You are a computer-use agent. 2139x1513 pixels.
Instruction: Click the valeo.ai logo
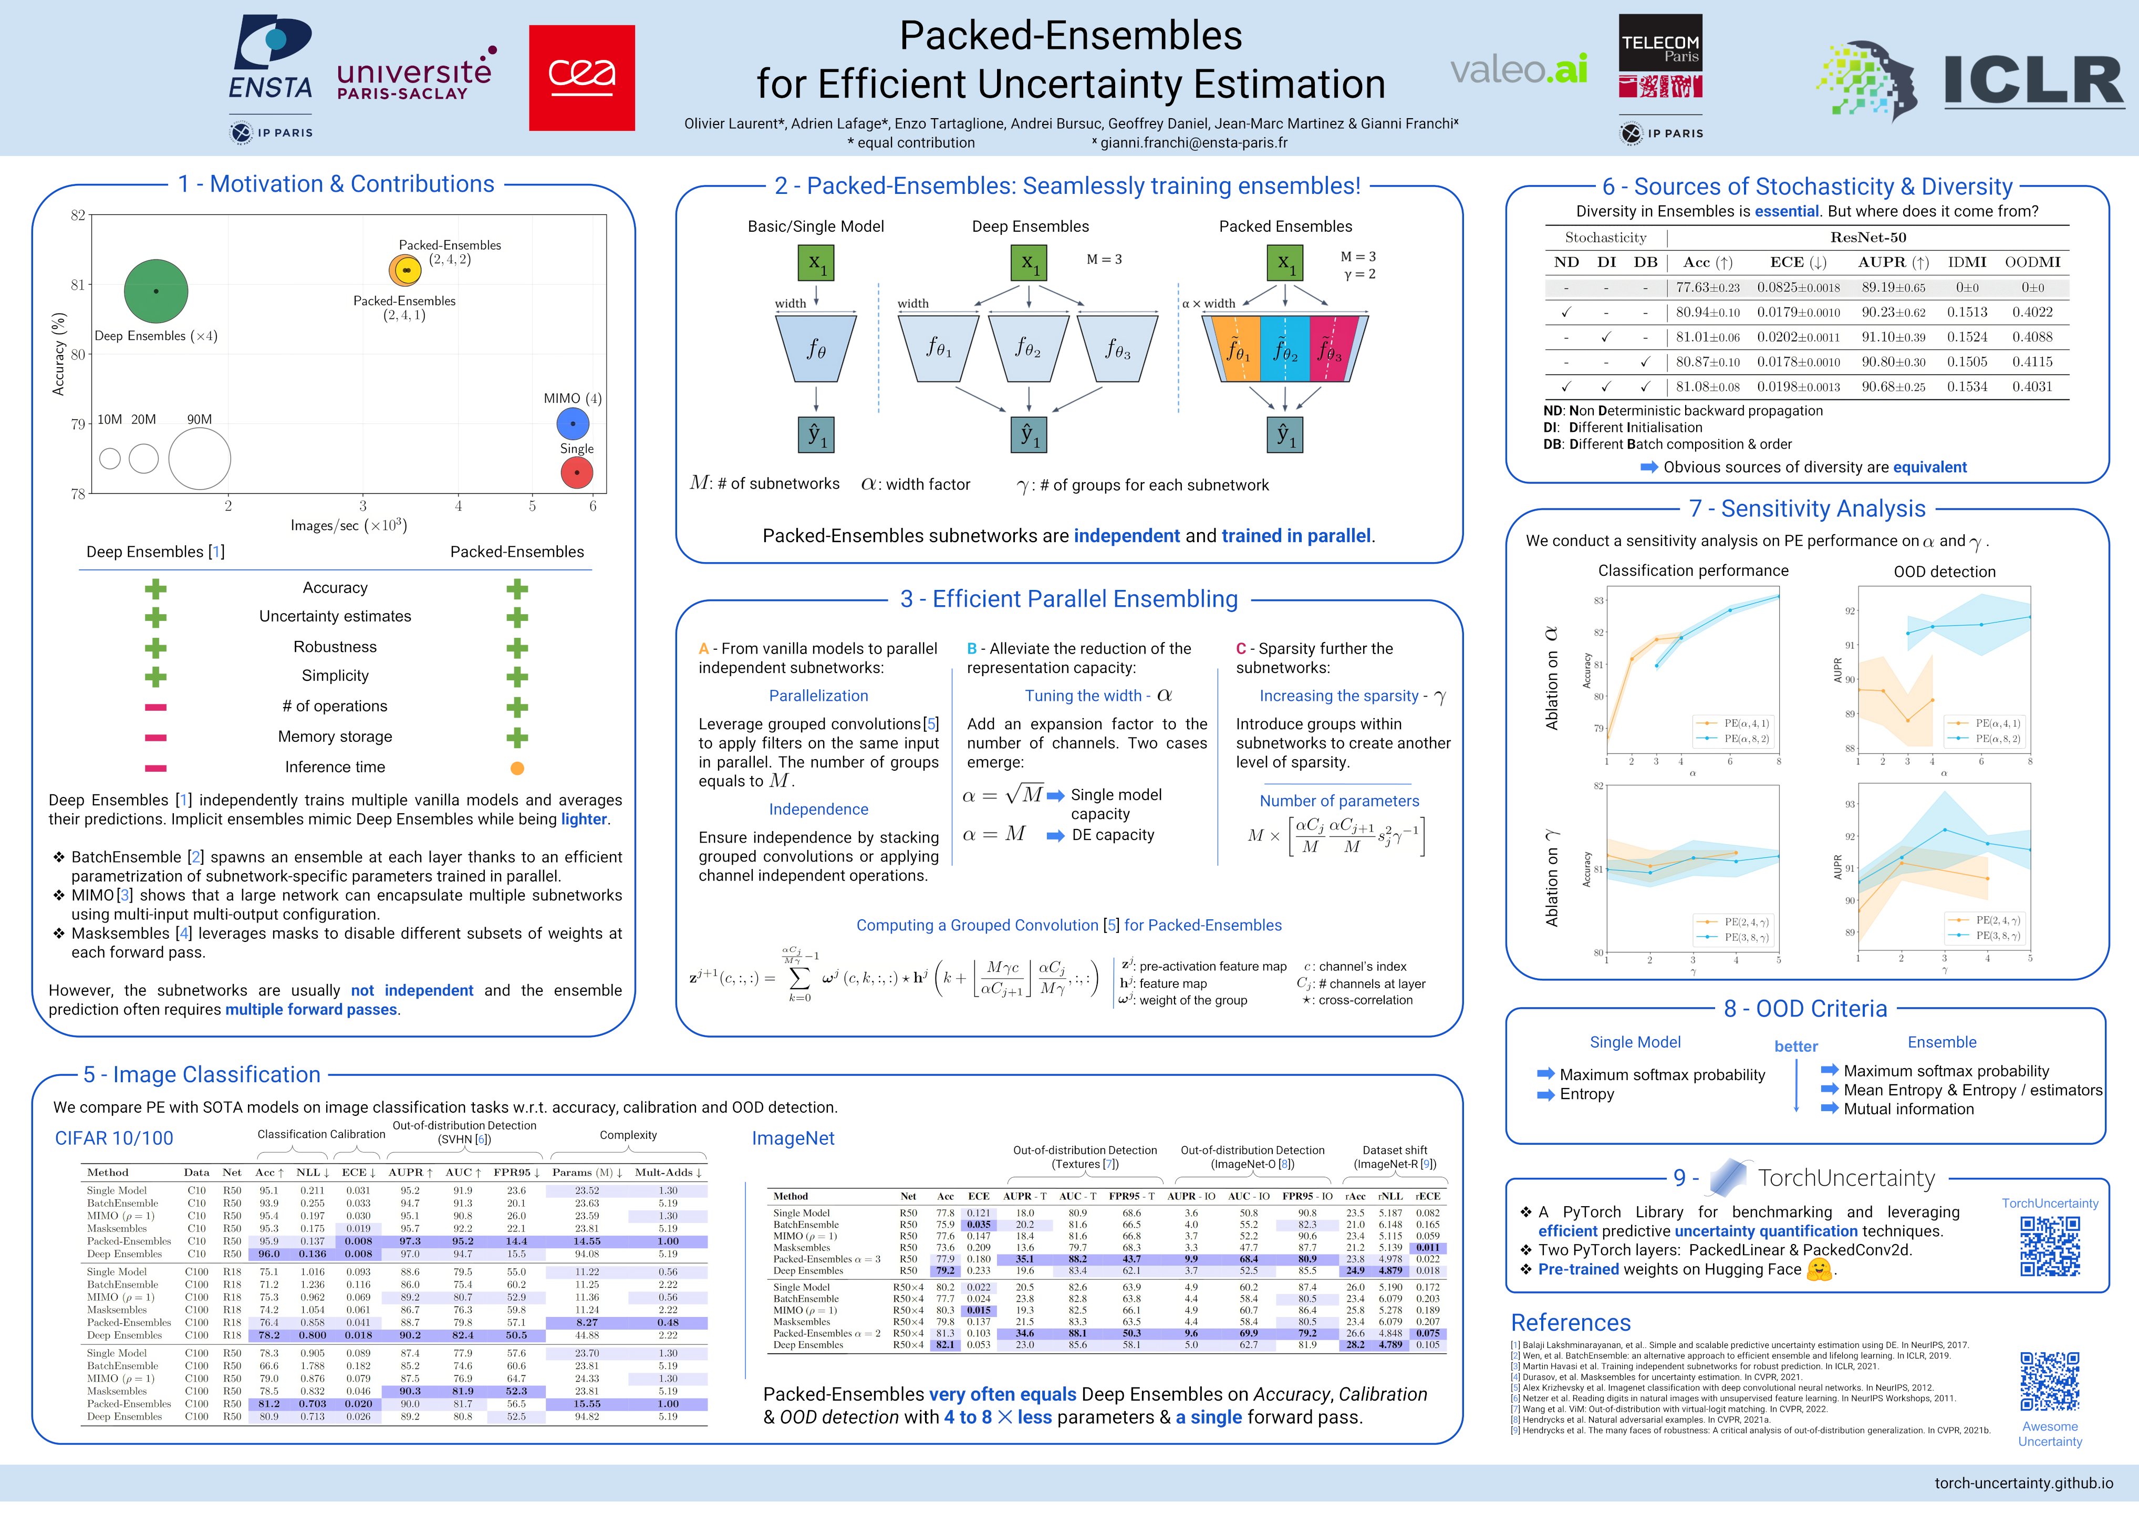tap(1519, 69)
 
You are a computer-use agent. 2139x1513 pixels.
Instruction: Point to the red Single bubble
tap(577, 472)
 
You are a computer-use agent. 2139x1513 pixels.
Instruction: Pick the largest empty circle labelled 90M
tap(200, 459)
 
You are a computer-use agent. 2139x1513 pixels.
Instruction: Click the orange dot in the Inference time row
tap(517, 769)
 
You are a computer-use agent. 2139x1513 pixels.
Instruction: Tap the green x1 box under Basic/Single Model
tap(816, 263)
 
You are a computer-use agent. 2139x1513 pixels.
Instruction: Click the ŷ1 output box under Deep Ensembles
tap(1029, 434)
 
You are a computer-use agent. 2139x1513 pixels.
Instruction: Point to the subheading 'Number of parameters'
tap(1339, 801)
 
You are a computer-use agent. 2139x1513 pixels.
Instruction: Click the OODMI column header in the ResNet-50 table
tap(2032, 263)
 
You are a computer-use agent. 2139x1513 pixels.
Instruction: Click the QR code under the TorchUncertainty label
tap(2050, 1246)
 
